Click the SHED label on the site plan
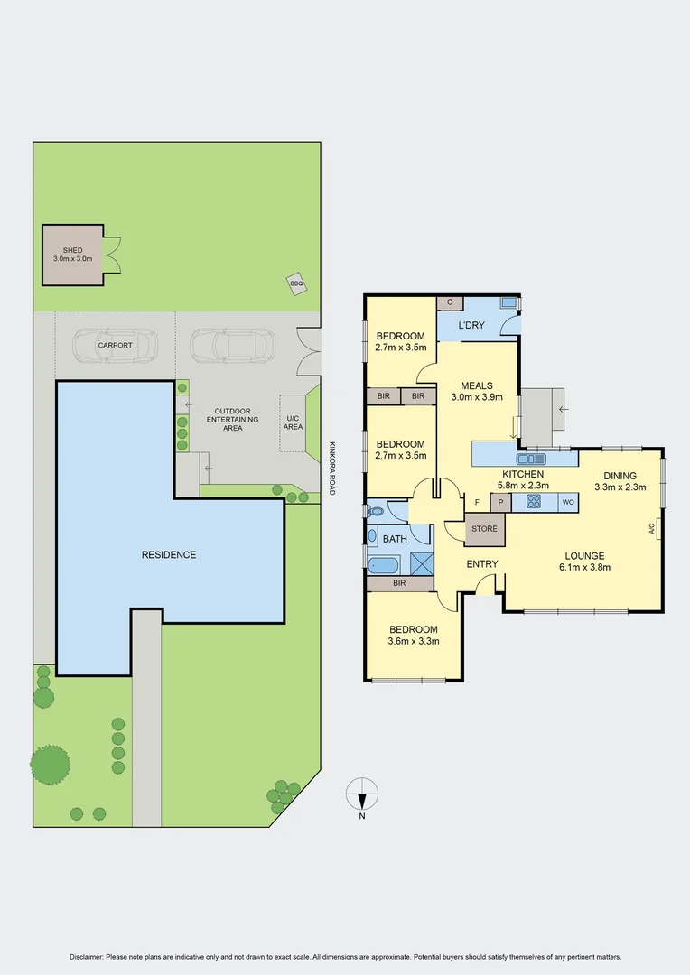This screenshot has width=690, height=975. [x=72, y=249]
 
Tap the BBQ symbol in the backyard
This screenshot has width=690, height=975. [x=296, y=283]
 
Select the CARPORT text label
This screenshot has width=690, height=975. [x=115, y=345]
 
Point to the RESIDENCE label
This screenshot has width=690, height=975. [x=169, y=554]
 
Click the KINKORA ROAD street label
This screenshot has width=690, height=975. [x=331, y=467]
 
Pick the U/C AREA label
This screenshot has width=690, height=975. [x=293, y=422]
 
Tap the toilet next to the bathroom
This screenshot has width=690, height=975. [x=376, y=511]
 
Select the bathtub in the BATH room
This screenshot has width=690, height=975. [x=385, y=566]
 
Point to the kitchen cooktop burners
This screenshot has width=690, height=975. [x=534, y=502]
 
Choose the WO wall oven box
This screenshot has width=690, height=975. [x=568, y=502]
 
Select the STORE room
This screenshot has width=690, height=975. [x=485, y=530]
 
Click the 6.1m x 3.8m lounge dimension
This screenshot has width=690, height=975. [x=584, y=568]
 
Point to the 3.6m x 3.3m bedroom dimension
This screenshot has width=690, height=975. [x=414, y=642]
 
